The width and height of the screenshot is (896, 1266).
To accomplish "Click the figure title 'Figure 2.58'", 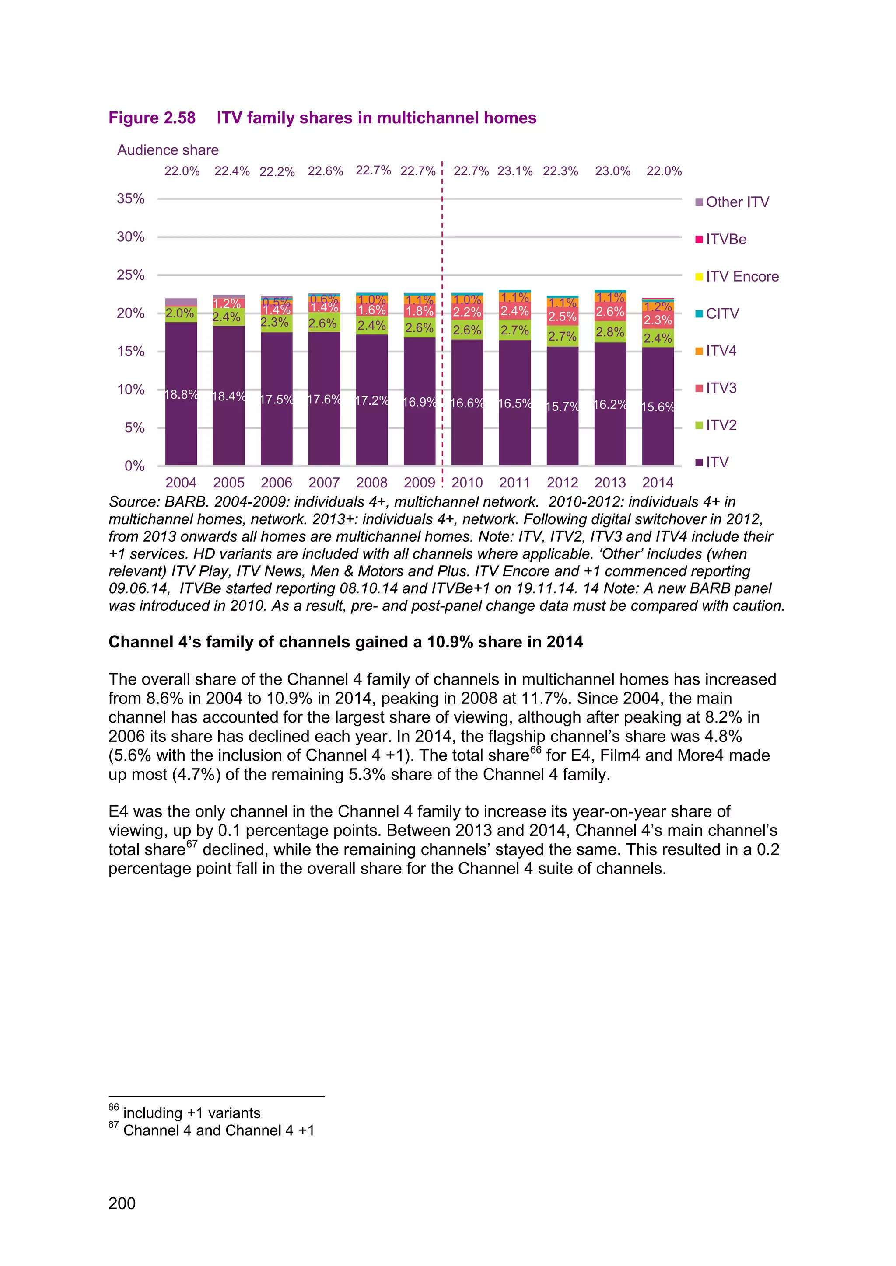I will [152, 118].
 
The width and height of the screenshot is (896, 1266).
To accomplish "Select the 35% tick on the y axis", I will [131, 198].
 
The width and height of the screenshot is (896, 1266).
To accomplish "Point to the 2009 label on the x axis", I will [419, 483].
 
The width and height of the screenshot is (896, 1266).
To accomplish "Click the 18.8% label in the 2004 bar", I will [181, 395].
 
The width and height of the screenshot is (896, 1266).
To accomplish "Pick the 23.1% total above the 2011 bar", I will [515, 171].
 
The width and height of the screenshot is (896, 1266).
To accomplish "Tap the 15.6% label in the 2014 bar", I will [658, 407].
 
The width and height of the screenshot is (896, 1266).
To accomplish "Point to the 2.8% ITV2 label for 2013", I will [610, 332].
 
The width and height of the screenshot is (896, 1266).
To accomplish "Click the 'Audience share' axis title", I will [168, 150].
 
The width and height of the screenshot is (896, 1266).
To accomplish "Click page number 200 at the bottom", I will [122, 1203].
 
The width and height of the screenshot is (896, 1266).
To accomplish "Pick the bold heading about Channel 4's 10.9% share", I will [345, 642].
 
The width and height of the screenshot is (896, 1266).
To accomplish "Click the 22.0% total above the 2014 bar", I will [664, 171].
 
